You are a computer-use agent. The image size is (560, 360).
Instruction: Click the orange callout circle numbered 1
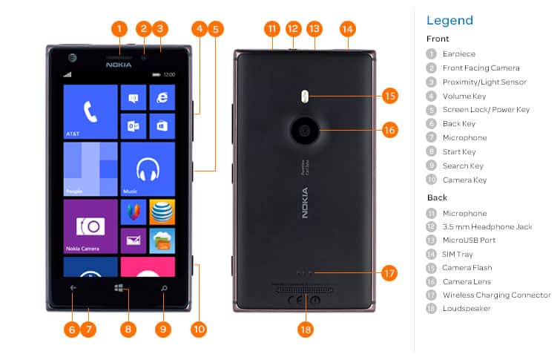click(x=119, y=30)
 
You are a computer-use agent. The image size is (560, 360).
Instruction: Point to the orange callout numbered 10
click(x=199, y=328)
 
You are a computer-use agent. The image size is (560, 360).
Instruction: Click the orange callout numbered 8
click(x=128, y=328)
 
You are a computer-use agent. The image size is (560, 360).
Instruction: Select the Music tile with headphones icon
click(x=147, y=168)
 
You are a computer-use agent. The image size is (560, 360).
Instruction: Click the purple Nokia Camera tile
click(x=90, y=226)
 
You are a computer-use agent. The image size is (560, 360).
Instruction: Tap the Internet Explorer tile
click(x=162, y=97)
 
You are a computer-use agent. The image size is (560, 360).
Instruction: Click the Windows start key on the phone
click(x=119, y=288)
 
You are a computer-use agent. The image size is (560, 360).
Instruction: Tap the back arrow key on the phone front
click(x=73, y=288)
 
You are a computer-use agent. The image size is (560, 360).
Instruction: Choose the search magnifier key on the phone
click(x=164, y=288)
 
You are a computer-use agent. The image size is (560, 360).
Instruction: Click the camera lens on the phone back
click(x=305, y=131)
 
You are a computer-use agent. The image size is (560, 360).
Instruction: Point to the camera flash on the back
click(x=305, y=95)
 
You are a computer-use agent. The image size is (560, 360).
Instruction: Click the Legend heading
click(x=449, y=20)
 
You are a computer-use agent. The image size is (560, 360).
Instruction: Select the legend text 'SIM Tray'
click(x=457, y=254)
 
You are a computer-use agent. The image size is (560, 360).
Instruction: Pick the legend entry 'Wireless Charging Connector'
click(x=496, y=295)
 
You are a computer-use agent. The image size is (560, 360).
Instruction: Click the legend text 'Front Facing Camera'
click(x=481, y=68)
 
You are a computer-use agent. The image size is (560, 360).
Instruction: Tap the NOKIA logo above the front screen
click(x=119, y=65)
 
